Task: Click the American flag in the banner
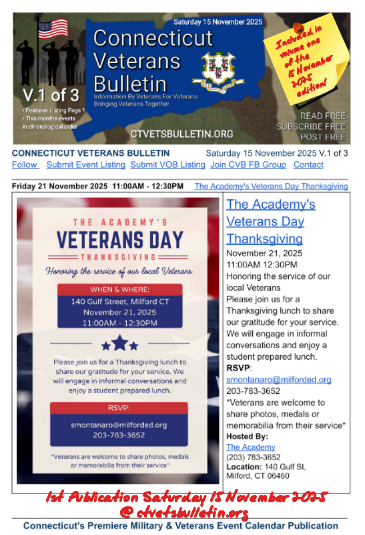coord(53,28)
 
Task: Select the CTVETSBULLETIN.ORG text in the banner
coord(182,134)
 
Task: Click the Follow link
coord(25,165)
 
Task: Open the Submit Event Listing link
coord(85,165)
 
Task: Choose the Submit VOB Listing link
coord(167,165)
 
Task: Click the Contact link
coord(308,165)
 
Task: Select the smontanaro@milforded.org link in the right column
coord(278,379)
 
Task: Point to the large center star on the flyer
coord(119,343)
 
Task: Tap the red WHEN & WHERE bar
coord(119,290)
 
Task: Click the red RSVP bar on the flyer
coord(119,408)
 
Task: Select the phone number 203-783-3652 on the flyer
coord(119,435)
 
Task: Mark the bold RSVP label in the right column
coord(238,368)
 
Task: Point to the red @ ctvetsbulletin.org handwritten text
coord(184,513)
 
